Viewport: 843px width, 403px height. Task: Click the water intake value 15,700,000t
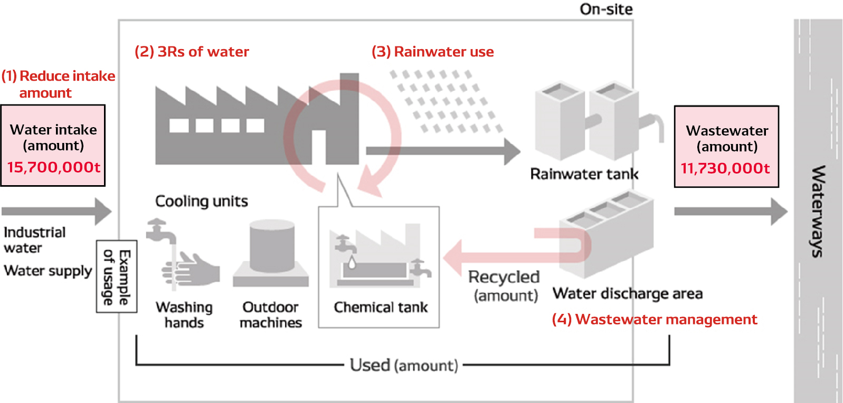(x=53, y=167)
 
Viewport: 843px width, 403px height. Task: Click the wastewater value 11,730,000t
(x=725, y=168)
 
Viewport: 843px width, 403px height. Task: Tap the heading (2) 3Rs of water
(x=192, y=52)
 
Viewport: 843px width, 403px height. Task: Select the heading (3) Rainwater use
(x=432, y=52)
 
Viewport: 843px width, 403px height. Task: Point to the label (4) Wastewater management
(x=654, y=320)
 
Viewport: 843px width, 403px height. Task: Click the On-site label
(x=605, y=9)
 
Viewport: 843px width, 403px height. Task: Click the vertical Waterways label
(x=817, y=211)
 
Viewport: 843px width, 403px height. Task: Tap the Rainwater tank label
(x=584, y=174)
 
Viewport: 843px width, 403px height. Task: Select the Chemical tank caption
(x=381, y=307)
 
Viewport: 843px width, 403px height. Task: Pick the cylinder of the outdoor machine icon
(x=272, y=245)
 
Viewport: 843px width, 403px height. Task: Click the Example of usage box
(x=117, y=277)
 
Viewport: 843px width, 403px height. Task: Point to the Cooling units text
(x=201, y=201)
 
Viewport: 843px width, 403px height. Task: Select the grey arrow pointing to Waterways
(x=731, y=212)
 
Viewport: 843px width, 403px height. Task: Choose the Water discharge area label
(x=627, y=293)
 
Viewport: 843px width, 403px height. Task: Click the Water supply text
(x=48, y=271)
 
